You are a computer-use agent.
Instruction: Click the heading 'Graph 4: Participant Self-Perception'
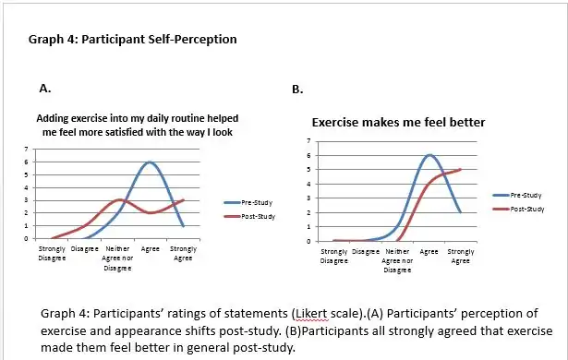click(x=134, y=40)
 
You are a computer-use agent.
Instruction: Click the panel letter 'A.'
click(x=43, y=89)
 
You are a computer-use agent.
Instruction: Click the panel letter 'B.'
click(x=297, y=90)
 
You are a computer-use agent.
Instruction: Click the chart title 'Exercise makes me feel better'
click(x=398, y=122)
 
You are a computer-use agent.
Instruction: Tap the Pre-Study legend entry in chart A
click(x=247, y=202)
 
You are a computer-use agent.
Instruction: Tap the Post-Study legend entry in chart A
click(x=247, y=216)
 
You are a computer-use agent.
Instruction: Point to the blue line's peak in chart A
click(x=150, y=162)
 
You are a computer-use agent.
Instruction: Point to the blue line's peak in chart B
click(x=429, y=155)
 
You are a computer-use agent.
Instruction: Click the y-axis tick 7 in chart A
click(x=26, y=150)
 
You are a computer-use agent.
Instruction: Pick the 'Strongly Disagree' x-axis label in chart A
click(x=51, y=252)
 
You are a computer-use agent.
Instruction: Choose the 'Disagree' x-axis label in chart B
click(x=366, y=251)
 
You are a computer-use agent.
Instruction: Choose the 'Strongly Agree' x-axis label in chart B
click(x=460, y=255)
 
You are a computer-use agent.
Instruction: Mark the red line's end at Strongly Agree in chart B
click(x=460, y=169)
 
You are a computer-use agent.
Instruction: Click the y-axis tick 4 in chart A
click(x=26, y=187)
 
